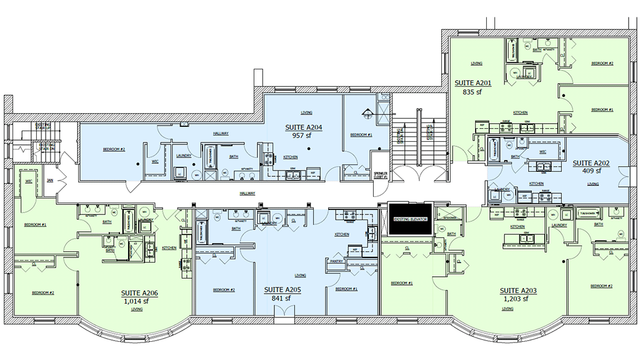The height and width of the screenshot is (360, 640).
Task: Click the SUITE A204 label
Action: [304, 127]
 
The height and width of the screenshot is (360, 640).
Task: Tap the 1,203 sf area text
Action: [516, 299]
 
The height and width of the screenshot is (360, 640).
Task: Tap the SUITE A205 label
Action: [282, 290]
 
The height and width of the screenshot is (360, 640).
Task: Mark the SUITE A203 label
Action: [518, 291]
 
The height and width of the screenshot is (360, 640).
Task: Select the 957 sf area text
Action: [303, 134]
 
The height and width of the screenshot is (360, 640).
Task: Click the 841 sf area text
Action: [282, 298]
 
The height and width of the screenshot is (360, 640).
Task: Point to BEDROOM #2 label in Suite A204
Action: [114, 150]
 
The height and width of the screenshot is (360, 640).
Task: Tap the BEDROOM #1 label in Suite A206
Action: [35, 224]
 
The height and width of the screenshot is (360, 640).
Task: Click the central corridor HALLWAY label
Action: [248, 194]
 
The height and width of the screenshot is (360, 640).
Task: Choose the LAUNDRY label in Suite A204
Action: [184, 156]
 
